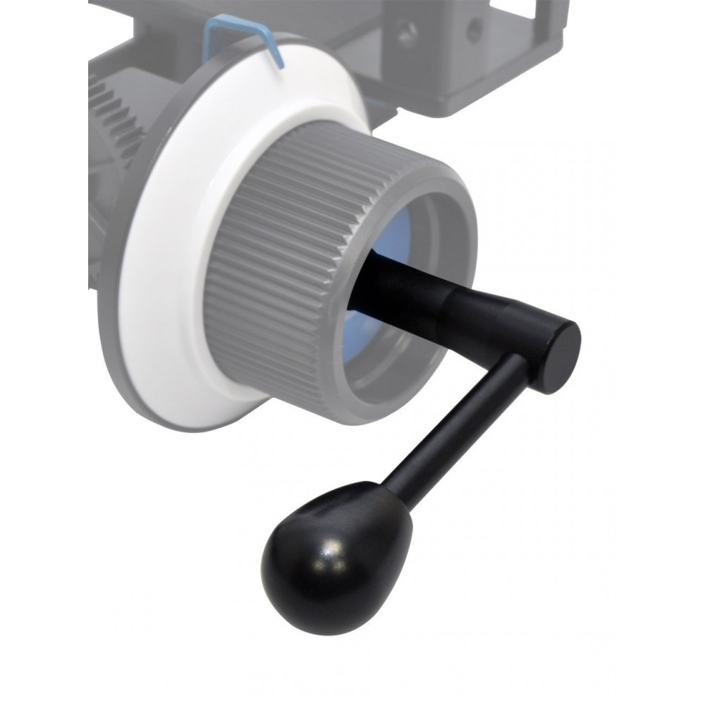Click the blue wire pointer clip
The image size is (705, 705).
pos(240,35)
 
